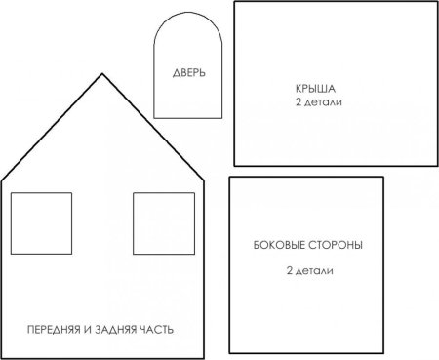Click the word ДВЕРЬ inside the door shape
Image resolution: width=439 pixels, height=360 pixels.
[x=188, y=73]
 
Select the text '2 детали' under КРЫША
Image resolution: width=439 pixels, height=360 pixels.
[x=313, y=101]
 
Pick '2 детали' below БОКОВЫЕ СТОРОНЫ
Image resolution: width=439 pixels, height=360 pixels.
[x=307, y=269]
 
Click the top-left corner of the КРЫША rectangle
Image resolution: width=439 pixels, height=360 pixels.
[x=235, y=3]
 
